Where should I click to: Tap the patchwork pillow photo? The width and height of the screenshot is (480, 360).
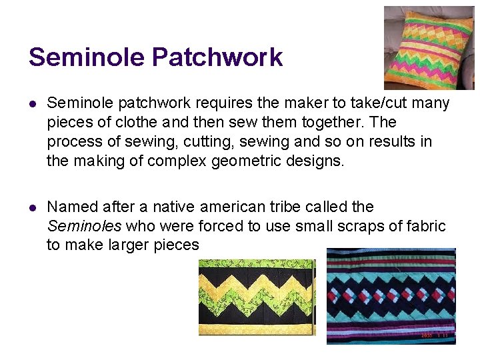coord(429,47)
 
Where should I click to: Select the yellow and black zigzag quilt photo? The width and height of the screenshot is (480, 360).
coord(257,297)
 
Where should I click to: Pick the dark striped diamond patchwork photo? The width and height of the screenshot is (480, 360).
coord(391,296)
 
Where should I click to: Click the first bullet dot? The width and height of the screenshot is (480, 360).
coord(32,104)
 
